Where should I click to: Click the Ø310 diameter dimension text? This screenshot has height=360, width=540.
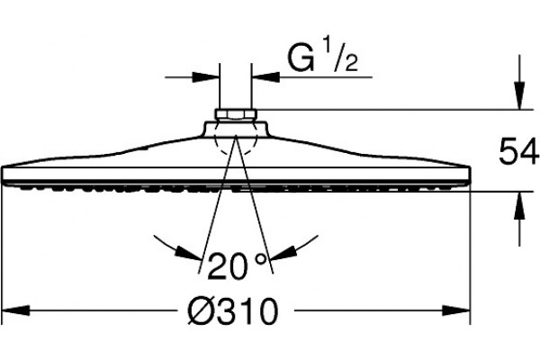(232, 310)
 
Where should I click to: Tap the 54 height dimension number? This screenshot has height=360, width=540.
(519, 150)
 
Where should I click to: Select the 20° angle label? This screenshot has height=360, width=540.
(238, 265)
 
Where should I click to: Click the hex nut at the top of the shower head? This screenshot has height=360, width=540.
(236, 114)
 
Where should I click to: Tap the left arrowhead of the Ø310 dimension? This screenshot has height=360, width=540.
(15, 310)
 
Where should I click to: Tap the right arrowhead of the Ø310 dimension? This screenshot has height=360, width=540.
(456, 310)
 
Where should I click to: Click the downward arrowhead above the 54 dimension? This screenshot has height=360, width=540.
(519, 95)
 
